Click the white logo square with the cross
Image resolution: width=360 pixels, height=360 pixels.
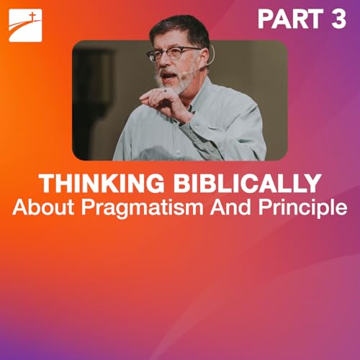[x=25, y=25]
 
